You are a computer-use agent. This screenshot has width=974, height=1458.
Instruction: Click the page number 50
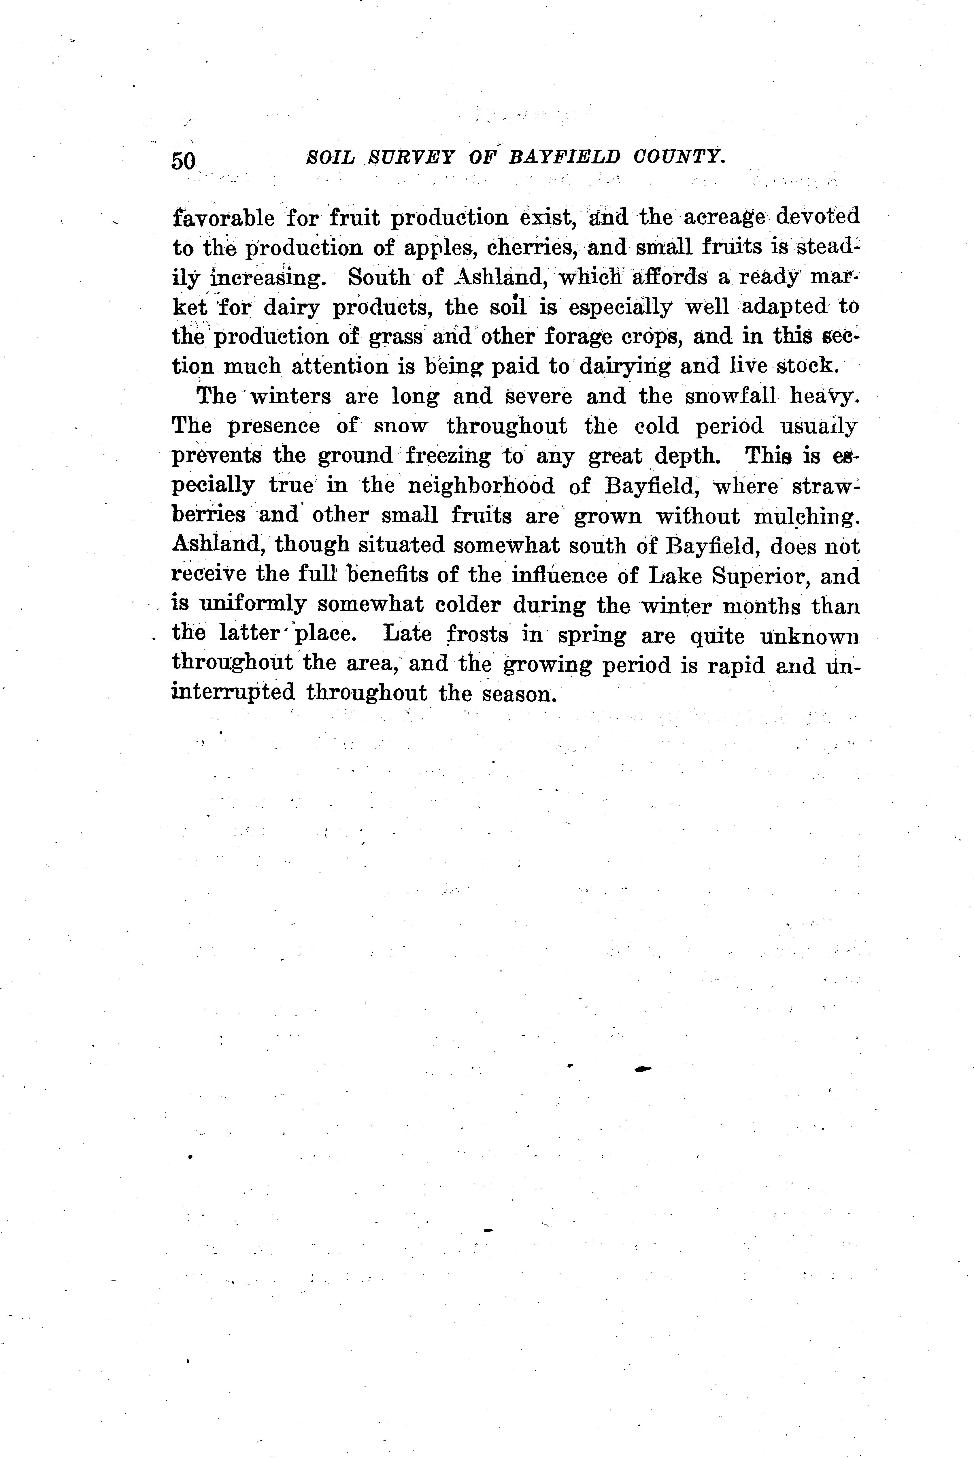tap(183, 161)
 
